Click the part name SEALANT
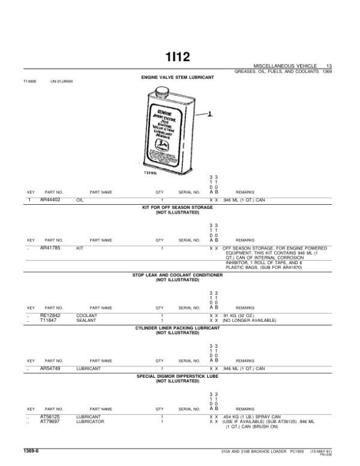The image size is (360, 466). tap(86, 319)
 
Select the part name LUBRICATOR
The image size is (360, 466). tap(91, 422)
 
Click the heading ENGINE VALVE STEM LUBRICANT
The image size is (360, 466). tap(177, 77)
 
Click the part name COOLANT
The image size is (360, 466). tap(87, 315)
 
